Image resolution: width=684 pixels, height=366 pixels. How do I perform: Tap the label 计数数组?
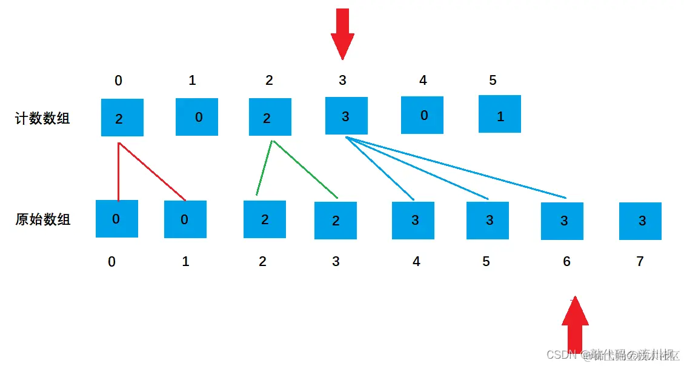coord(42,118)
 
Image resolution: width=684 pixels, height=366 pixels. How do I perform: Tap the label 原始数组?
coord(42,219)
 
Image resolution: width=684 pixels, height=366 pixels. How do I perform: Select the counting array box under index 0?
coord(122,117)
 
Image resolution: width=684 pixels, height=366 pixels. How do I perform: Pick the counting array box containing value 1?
coord(500,114)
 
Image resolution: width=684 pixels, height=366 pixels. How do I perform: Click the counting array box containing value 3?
coord(346,116)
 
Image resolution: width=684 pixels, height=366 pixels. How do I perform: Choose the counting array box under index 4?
coord(422,115)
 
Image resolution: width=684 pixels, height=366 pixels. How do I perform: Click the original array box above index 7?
coord(640,221)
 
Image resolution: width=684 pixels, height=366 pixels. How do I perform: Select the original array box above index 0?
coord(117,219)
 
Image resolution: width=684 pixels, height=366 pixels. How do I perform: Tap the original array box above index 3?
coord(336,221)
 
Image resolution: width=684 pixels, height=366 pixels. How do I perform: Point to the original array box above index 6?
coord(562,221)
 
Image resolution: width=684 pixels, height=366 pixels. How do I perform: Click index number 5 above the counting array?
coord(493,81)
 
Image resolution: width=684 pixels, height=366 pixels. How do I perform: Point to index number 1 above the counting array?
coord(192,81)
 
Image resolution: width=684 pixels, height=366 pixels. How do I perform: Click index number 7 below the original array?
coord(640,262)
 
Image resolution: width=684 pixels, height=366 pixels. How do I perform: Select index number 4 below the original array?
coord(416,262)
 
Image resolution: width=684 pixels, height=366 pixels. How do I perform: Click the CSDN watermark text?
coord(612,354)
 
